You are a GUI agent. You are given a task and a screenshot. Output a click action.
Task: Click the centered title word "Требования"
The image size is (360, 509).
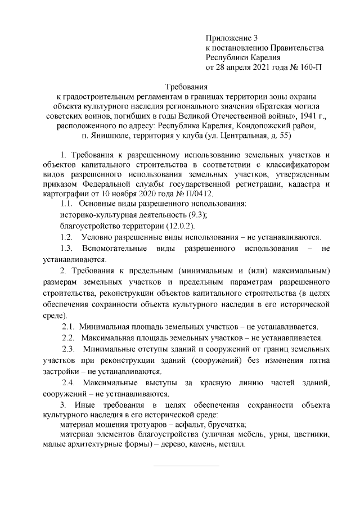click(186, 87)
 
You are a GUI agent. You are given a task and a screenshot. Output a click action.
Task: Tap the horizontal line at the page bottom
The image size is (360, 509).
click(186, 466)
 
